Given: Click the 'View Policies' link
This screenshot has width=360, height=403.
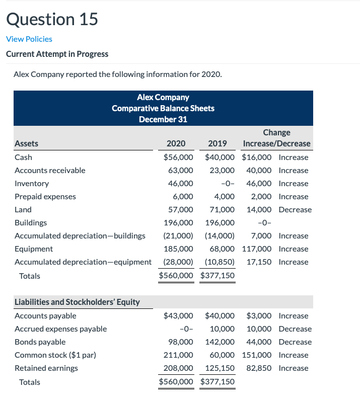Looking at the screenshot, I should point(29,39).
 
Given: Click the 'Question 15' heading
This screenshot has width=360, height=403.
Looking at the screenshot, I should point(52,19).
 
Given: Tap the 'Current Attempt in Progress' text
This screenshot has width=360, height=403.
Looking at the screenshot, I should point(57,54).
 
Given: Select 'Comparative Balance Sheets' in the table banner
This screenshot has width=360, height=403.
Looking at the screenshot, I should point(163,108).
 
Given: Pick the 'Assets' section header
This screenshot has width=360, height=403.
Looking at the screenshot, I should point(26,143).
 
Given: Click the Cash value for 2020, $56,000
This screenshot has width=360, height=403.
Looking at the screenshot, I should point(178,157).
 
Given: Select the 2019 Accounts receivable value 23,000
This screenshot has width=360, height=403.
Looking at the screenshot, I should point(222,170).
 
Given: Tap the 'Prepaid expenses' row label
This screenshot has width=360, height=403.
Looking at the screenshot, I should point(45,196).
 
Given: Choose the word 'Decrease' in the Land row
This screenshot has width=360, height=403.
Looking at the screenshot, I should point(295,209).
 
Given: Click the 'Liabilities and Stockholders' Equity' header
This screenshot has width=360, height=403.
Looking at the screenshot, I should point(77,302).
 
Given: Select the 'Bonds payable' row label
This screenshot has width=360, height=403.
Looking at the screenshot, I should point(40,342).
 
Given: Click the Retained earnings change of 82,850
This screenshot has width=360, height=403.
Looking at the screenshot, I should point(259,368).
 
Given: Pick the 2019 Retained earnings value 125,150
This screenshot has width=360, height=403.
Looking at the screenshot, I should point(220,368).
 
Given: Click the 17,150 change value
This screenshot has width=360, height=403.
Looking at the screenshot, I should point(259,262).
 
